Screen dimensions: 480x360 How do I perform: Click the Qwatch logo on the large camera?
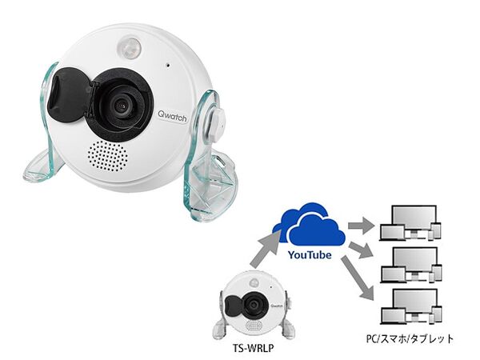tap(172, 116)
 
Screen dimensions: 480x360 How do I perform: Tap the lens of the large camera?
tap(122, 106)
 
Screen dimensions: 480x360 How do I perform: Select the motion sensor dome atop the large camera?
tap(129, 48)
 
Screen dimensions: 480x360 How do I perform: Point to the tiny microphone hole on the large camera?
tap(168, 65)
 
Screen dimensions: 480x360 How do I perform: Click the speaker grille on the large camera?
tap(107, 156)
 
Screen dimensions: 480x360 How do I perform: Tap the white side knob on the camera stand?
tap(218, 121)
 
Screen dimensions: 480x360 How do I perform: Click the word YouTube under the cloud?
tap(310, 254)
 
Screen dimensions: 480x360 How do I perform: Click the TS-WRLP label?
tap(254, 348)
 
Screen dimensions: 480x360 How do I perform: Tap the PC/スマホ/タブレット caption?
tap(410, 339)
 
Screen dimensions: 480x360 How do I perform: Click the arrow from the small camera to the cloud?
tap(265, 250)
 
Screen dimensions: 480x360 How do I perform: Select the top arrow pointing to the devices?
tap(362, 226)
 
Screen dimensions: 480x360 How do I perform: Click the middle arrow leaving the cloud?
tap(362, 250)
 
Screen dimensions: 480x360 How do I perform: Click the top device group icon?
tap(410, 223)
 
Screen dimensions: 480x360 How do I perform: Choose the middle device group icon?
tap(411, 265)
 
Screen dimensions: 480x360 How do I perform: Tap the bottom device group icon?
tap(411, 306)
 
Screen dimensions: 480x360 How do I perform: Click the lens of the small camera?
tap(254, 305)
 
